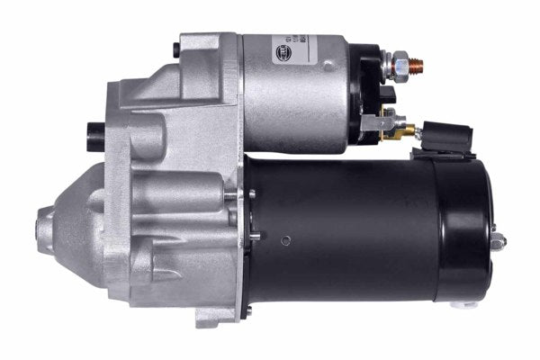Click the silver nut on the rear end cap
point(497,240)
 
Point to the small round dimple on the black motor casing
point(284,239)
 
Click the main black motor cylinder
point(351,229)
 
